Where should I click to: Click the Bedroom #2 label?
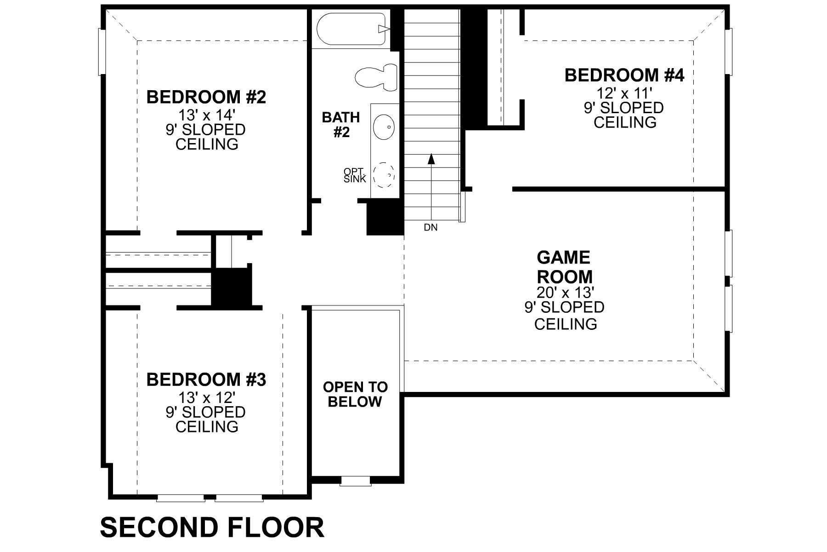(x=206, y=98)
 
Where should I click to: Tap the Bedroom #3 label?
(x=206, y=380)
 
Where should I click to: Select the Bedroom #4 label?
(x=624, y=75)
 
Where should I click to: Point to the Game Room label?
(x=565, y=267)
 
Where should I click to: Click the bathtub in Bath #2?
(x=351, y=29)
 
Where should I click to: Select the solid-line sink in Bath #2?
(x=384, y=126)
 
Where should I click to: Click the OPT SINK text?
(x=355, y=175)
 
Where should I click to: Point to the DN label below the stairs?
(x=430, y=227)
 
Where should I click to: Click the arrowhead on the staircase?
(x=431, y=159)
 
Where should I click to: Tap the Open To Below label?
(x=355, y=394)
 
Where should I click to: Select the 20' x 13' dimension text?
(x=565, y=292)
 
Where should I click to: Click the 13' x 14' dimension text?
(x=206, y=115)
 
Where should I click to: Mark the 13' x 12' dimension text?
(x=206, y=397)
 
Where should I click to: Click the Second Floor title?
(x=212, y=528)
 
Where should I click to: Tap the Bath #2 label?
(x=340, y=125)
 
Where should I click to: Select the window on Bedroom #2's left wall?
(x=102, y=52)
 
